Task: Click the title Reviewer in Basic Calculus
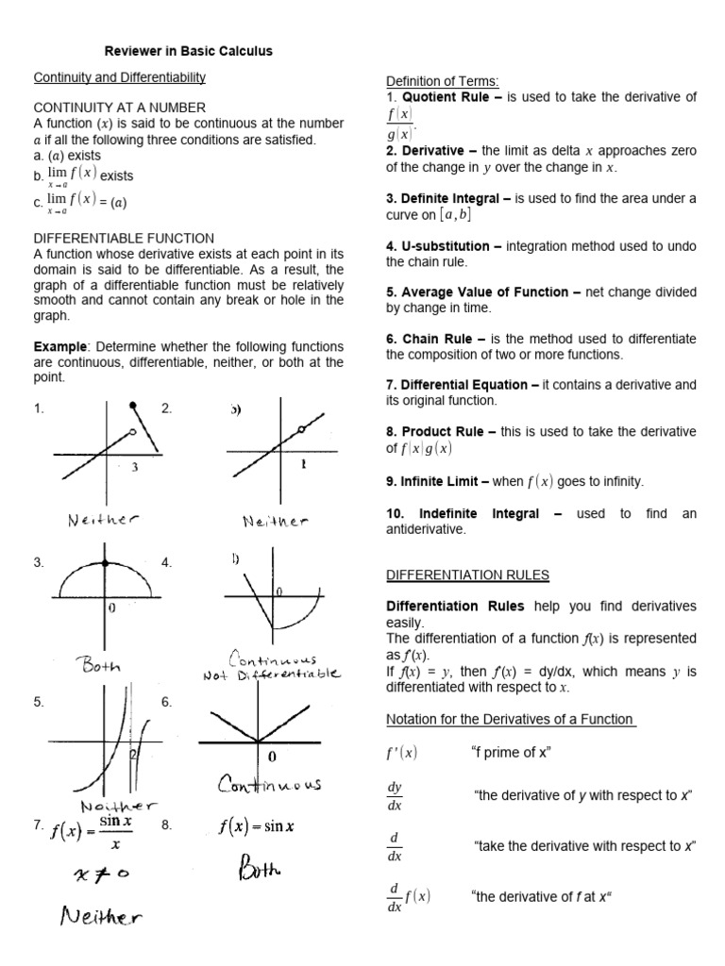coord(187,52)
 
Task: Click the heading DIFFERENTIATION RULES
coord(468,575)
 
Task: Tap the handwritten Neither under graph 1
coord(102,519)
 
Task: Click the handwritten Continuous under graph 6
coord(270,783)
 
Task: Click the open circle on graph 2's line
coord(301,429)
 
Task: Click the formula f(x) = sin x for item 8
coord(256,827)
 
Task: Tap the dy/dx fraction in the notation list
coord(395,796)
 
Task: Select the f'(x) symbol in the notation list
coord(402,752)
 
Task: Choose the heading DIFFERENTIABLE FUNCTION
coord(124,239)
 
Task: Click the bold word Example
coord(58,347)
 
